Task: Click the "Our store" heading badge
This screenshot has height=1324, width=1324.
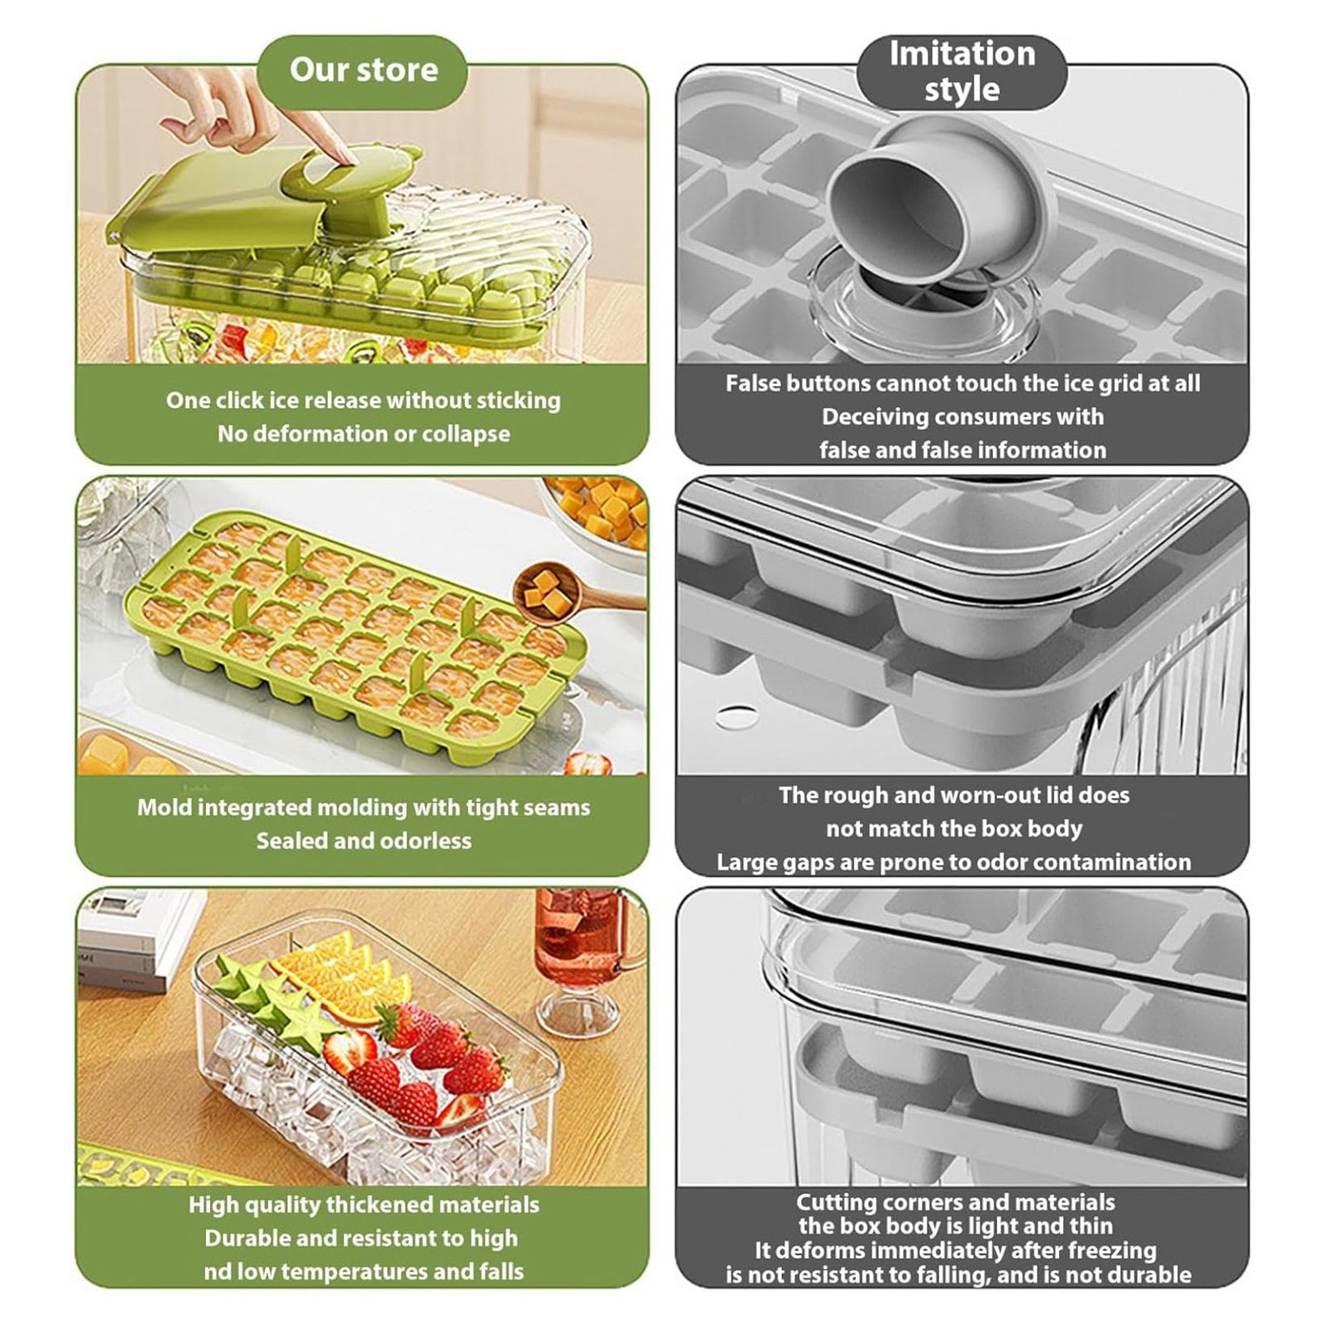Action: point(362,71)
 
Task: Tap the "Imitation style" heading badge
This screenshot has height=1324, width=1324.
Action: point(962,72)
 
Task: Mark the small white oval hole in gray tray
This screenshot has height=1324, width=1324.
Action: point(738,717)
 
